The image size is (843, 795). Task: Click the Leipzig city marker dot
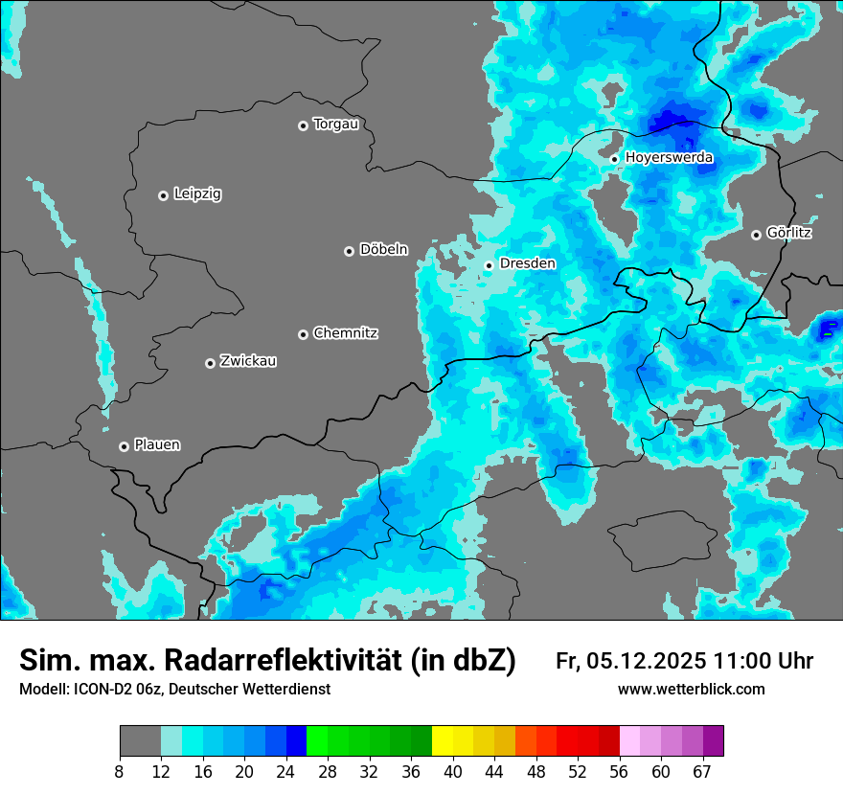point(163,195)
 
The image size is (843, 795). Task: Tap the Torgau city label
point(335,125)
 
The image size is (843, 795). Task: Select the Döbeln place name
point(383,250)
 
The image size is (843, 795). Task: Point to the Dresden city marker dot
point(489,265)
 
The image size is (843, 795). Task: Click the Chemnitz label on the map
point(345,333)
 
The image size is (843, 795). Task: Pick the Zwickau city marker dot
point(210,363)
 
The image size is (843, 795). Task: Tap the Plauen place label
point(157,445)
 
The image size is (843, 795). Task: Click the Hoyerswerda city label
point(669,158)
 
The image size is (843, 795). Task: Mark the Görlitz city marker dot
point(756,235)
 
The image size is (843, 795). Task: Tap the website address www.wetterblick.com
point(692,690)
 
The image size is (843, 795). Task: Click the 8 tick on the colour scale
point(119,771)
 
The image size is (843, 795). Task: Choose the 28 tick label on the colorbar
point(327,771)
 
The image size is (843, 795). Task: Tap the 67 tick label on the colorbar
point(702,771)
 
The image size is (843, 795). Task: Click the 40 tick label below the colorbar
point(452,771)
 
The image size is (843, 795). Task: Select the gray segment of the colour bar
point(140,741)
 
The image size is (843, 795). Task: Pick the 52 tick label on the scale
point(578,771)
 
